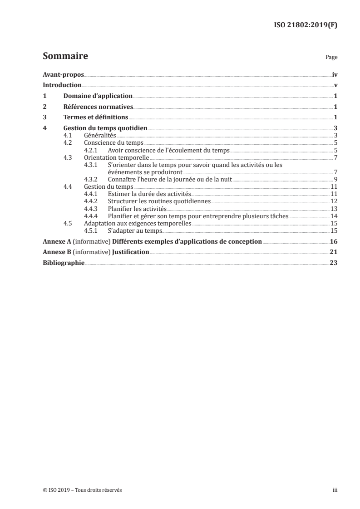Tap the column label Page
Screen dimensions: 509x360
331,58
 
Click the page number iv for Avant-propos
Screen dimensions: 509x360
334,74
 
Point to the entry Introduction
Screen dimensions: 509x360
62,85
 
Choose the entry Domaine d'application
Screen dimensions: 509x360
98,96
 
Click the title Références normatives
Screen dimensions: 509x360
98,107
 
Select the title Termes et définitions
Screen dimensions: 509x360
96,117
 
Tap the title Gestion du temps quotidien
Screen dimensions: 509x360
105,128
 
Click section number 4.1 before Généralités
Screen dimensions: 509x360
68,136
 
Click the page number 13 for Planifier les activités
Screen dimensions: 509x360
333,208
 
